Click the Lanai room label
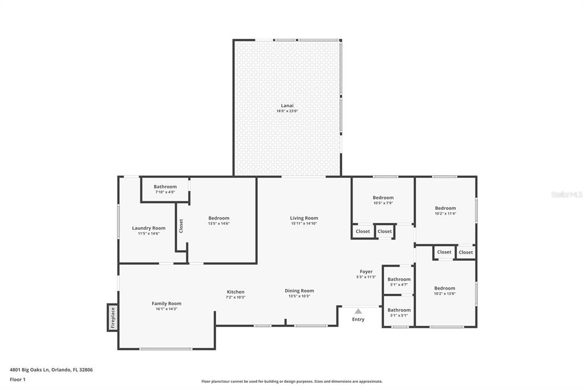287,106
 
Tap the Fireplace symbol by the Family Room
113,318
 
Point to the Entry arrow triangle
358,311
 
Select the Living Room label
304,218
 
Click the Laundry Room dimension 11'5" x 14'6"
149,234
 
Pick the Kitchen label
236,292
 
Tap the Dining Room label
299,291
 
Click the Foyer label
366,272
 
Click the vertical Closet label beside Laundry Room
181,226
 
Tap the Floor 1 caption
18,380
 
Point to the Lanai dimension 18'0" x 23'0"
287,111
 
